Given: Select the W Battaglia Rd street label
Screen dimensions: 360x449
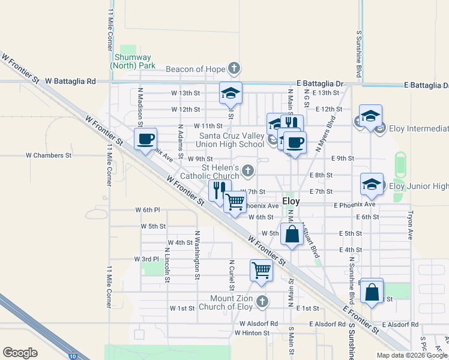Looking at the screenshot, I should [70, 80].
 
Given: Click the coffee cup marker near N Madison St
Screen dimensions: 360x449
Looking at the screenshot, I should [145, 140].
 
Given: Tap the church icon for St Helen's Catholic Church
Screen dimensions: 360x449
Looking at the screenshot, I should [247, 172].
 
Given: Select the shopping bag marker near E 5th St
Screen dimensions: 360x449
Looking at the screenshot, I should [292, 234].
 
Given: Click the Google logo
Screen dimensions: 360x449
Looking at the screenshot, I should [20, 353].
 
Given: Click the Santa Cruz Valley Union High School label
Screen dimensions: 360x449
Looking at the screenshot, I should [232, 140].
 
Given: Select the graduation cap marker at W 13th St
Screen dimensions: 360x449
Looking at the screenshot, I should [231, 93].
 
